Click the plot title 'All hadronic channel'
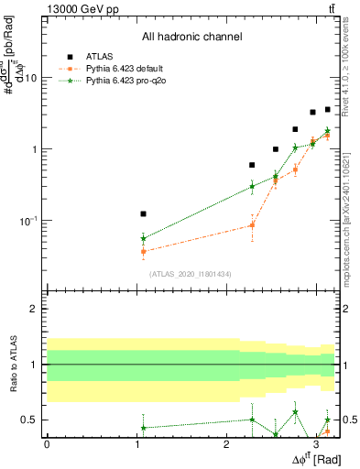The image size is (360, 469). pyautogui.click(x=191, y=37)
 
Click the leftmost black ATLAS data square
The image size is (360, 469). pyautogui.click(x=143, y=213)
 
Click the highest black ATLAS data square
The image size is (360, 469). pyautogui.click(x=327, y=109)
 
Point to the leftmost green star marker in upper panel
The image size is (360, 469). pyautogui.click(x=143, y=238)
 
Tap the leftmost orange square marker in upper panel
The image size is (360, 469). pyautogui.click(x=143, y=251)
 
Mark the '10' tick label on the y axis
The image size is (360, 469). pyautogui.click(x=30, y=78)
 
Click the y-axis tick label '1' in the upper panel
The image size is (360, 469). pyautogui.click(x=33, y=149)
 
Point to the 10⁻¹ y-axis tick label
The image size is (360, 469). pyautogui.click(x=28, y=220)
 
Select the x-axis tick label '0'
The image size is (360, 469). pyautogui.click(x=46, y=443)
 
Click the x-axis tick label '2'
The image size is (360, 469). pyautogui.click(x=225, y=443)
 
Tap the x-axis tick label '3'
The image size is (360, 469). pyautogui.click(x=315, y=443)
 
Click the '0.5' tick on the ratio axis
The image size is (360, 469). pyautogui.click(x=28, y=420)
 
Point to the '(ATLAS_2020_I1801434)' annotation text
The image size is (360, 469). pyautogui.click(x=191, y=274)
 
